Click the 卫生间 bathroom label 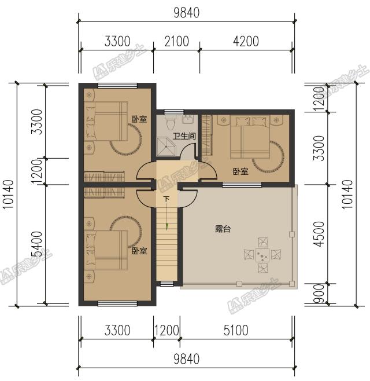tap(184, 136)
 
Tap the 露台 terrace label tap(223, 229)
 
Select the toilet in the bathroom tap(171, 123)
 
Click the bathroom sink tap(188, 119)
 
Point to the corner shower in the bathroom tap(167, 146)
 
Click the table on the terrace tap(262, 255)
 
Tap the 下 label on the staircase tap(166, 200)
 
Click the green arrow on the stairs tap(166, 226)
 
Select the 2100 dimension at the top tap(176, 41)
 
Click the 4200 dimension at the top tap(246, 41)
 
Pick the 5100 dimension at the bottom tap(236, 330)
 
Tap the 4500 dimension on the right tap(319, 234)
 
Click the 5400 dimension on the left tap(36, 244)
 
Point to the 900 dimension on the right tap(319, 294)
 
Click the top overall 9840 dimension tap(186, 13)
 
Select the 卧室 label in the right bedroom tap(240, 171)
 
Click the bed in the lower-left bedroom tap(107, 250)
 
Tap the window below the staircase tap(167, 284)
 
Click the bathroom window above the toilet tap(173, 112)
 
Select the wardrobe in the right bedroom tap(207, 135)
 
